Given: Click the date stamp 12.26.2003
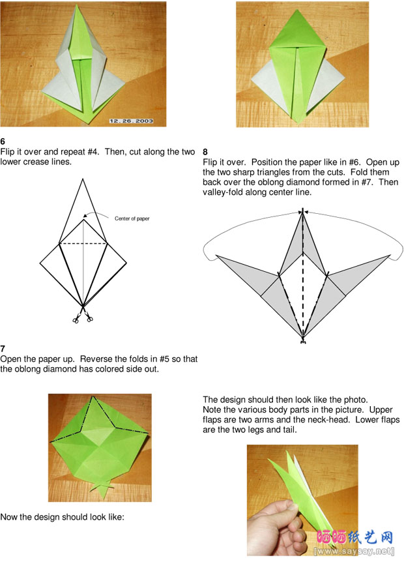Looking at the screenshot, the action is point(132,121).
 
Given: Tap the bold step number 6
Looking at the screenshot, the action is point(3,141).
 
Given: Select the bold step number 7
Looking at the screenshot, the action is point(3,348).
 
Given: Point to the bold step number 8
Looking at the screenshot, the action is point(205,152).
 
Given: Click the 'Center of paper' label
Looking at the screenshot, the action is point(132,218).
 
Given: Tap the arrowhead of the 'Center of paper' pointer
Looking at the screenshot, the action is point(85,216).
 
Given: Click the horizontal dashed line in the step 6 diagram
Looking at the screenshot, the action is point(83,244).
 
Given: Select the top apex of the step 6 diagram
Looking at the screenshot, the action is point(83,179).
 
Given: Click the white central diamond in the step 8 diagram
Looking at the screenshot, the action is point(303,287).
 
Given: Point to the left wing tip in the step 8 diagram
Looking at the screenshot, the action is point(217,256).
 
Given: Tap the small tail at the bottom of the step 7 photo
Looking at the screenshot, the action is point(102,490).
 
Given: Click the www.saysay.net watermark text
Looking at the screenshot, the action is point(354,551).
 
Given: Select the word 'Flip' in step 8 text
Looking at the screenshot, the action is point(210,162).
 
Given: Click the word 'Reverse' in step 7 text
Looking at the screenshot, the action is point(94,359).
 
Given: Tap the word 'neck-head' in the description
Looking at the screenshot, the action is point(330,420).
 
